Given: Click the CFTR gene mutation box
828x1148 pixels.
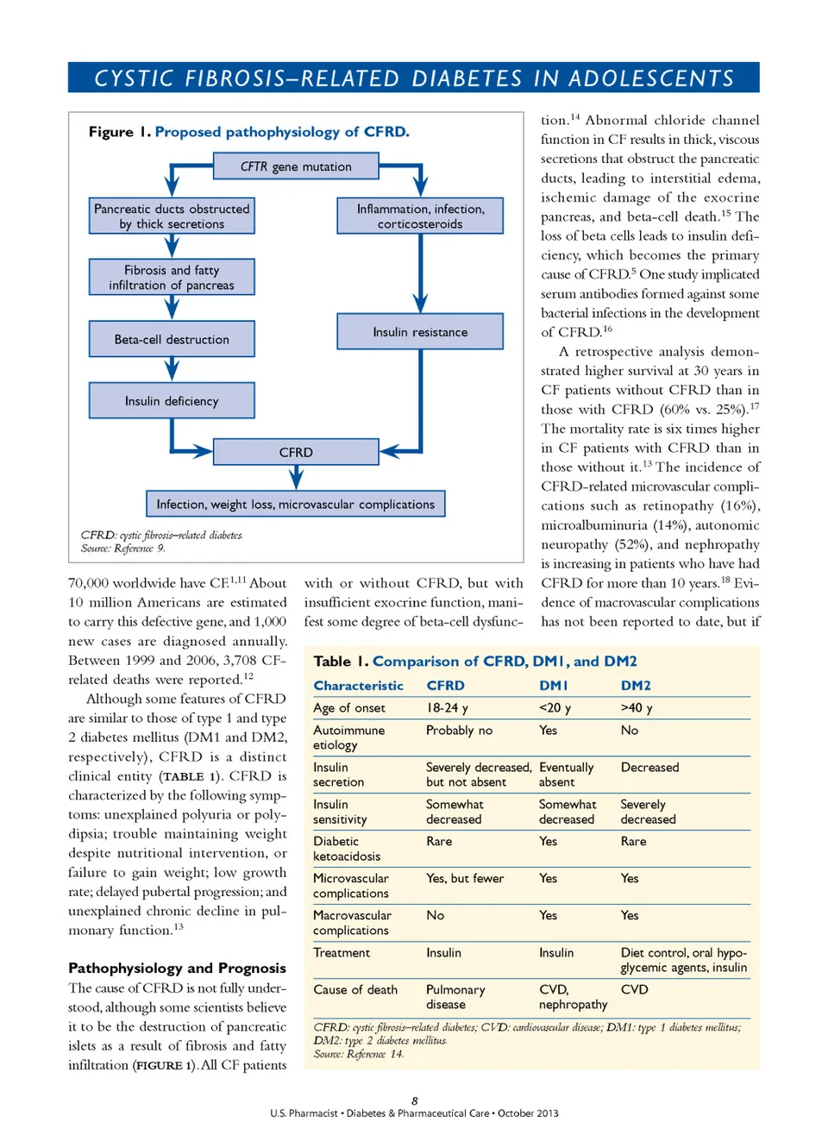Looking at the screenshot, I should click(x=296, y=166).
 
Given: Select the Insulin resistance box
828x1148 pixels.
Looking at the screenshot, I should click(x=420, y=331).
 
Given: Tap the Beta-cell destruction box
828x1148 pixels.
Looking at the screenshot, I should click(x=172, y=339).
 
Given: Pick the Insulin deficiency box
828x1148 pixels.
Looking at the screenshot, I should click(x=172, y=400).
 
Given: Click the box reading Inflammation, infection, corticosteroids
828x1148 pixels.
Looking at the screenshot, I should click(x=420, y=216).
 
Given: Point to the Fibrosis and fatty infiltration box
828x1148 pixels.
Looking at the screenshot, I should click(x=172, y=277).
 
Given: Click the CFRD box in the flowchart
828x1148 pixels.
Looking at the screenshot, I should click(x=296, y=452).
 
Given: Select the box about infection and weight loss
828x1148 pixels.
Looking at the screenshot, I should click(x=295, y=504).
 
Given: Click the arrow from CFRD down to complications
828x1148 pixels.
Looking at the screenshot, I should click(x=296, y=477).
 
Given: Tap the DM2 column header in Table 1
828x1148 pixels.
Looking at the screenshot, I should click(x=636, y=686).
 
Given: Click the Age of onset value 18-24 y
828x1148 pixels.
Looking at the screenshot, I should click(x=447, y=708).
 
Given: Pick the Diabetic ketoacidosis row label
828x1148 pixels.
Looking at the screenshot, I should click(x=347, y=849).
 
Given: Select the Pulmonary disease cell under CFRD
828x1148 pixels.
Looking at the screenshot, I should click(x=455, y=997).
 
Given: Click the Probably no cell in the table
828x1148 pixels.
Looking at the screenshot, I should click(x=459, y=731).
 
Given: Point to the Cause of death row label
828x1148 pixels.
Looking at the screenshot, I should click(x=355, y=990).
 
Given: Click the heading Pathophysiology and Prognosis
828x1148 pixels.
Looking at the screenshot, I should click(x=177, y=968).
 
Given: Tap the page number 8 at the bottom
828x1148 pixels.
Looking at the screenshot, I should click(x=414, y=1101).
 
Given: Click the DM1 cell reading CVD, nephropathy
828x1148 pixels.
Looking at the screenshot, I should click(x=573, y=997).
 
